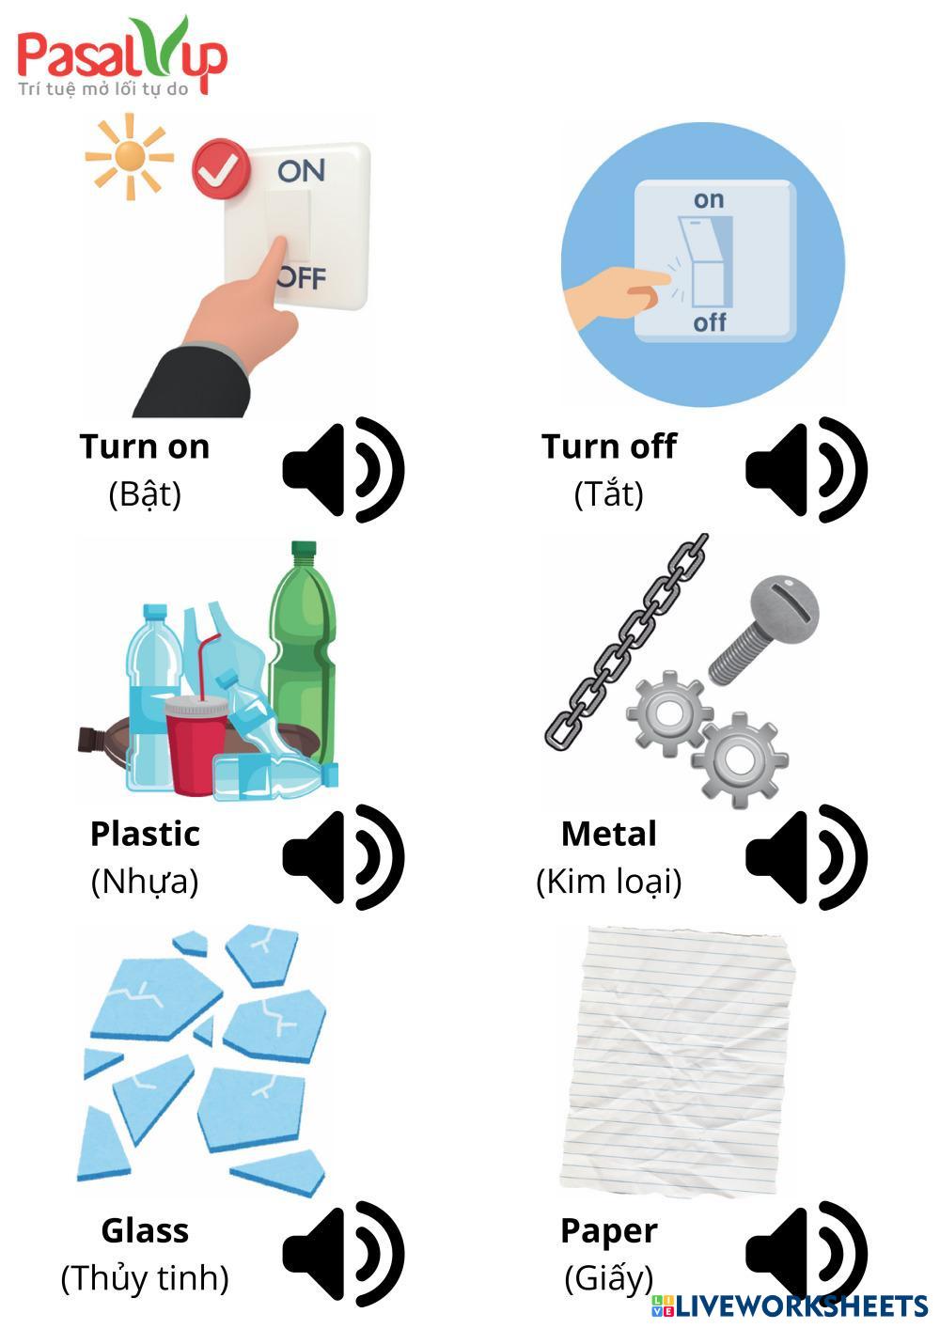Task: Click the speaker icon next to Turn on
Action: [343, 469]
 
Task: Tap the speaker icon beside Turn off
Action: [806, 469]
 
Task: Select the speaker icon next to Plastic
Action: [343, 856]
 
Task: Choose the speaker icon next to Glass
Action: [343, 1253]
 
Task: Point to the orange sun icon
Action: [129, 156]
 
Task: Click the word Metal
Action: [608, 834]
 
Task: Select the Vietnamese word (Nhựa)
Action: [145, 882]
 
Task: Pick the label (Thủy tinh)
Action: [145, 1278]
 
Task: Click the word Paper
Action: [608, 1230]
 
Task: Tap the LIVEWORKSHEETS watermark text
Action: [800, 1306]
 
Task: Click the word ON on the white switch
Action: [301, 171]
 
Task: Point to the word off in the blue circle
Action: [710, 322]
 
